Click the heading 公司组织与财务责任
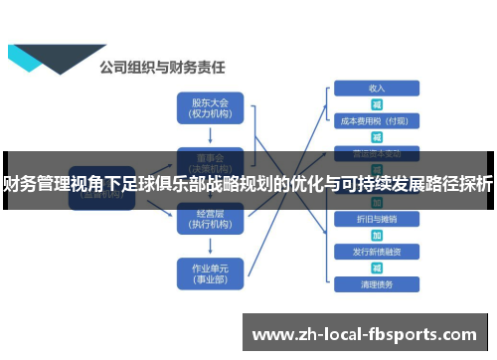pyautogui.click(x=161, y=68)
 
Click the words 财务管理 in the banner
pyautogui.click(x=39, y=184)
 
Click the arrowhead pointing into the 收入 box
pyautogui.click(x=328, y=89)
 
